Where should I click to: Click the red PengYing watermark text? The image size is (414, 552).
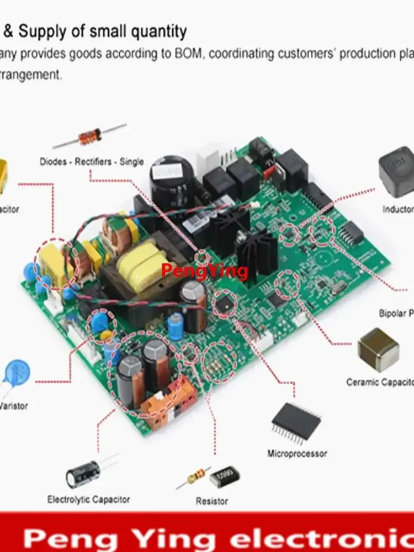point(204,270)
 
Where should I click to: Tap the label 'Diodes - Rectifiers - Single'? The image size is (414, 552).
point(92,162)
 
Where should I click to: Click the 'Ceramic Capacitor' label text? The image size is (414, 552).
point(380,382)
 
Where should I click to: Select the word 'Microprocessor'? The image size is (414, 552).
point(297,454)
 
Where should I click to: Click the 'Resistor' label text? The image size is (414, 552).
point(211,501)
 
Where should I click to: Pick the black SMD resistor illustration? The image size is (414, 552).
point(225,476)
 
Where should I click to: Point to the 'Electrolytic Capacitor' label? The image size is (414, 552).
point(88,500)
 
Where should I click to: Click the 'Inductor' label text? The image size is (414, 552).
point(397,209)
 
